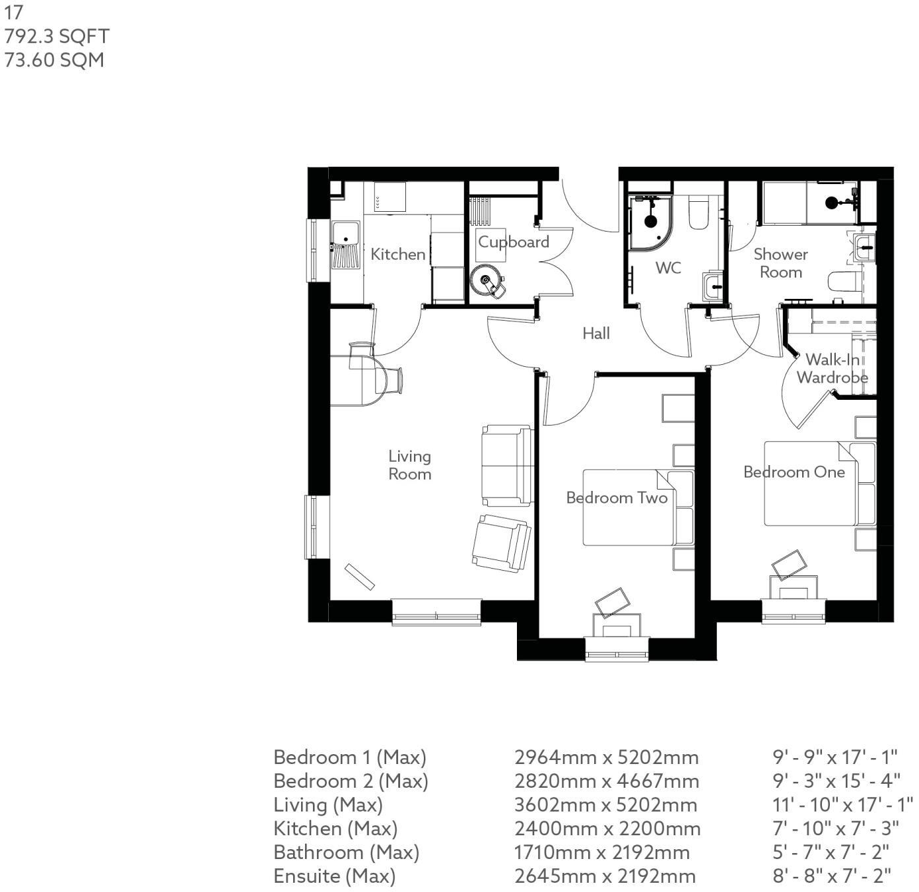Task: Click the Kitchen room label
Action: tap(397, 254)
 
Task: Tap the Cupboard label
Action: tap(513, 242)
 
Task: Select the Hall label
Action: tap(596, 334)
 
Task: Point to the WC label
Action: tap(668, 268)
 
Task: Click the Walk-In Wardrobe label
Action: tap(832, 369)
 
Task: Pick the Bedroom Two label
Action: tap(617, 497)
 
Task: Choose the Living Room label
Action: tap(409, 465)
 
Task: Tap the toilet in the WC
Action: tap(698, 213)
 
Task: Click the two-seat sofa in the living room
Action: tap(507, 466)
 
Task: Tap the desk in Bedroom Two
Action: tap(617, 625)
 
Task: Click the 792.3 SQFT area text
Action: tap(57, 36)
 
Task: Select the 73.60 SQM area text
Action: tap(54, 60)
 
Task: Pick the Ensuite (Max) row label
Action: tap(334, 876)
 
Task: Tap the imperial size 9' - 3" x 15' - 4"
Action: tap(836, 781)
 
